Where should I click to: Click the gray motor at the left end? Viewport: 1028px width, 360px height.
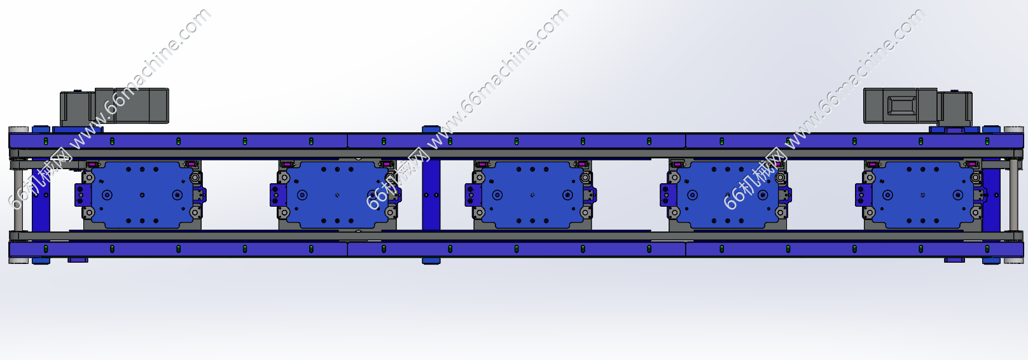coord(115,106)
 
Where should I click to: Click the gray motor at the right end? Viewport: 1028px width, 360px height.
coord(917,106)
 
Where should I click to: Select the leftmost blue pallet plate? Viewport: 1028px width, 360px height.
coord(141,195)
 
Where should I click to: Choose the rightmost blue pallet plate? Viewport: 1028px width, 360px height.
coord(922,195)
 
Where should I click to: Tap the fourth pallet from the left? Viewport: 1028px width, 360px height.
coord(727,195)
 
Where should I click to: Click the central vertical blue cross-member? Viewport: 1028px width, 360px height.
coord(431,195)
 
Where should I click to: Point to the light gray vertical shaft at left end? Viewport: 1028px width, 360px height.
coord(18,195)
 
